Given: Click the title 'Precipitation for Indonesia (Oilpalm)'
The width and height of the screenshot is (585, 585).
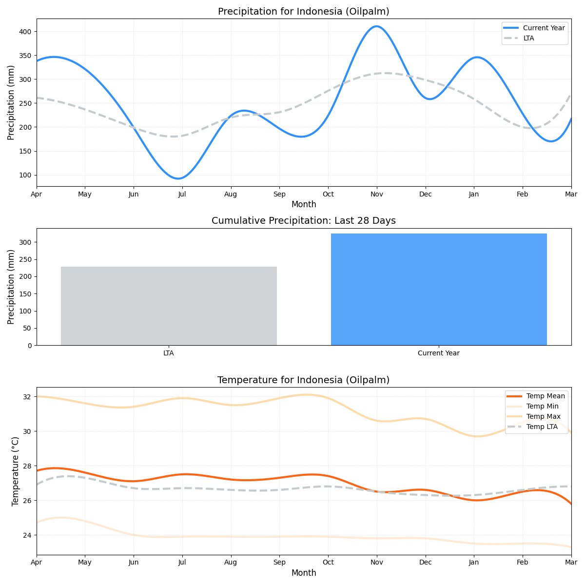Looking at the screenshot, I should pos(303,11).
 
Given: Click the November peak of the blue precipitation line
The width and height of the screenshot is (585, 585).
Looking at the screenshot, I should pos(376,26).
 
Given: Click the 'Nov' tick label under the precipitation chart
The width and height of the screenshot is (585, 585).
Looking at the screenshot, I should pos(376,194).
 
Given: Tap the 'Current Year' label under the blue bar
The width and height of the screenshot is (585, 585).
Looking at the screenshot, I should pos(439,353).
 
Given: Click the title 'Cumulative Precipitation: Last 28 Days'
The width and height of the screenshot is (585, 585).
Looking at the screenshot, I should pos(303,221).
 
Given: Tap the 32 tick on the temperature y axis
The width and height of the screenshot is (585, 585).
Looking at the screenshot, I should pos(27,397).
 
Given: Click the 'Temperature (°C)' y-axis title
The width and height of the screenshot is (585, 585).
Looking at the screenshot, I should pos(15,471).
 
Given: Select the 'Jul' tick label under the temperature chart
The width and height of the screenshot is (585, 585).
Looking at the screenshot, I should pos(182,563).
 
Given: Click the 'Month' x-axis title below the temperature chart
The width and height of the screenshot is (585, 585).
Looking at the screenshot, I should pos(304,573).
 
